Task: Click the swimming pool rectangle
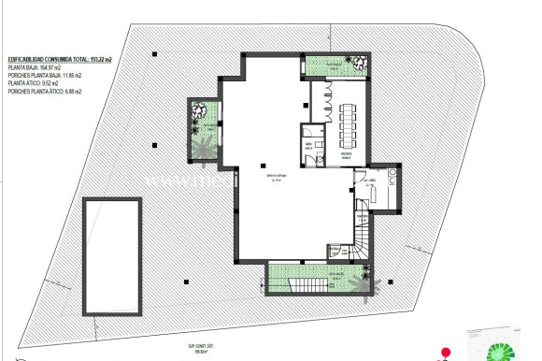(115, 257)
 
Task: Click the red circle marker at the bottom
(446, 352)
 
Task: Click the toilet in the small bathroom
(307, 148)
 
